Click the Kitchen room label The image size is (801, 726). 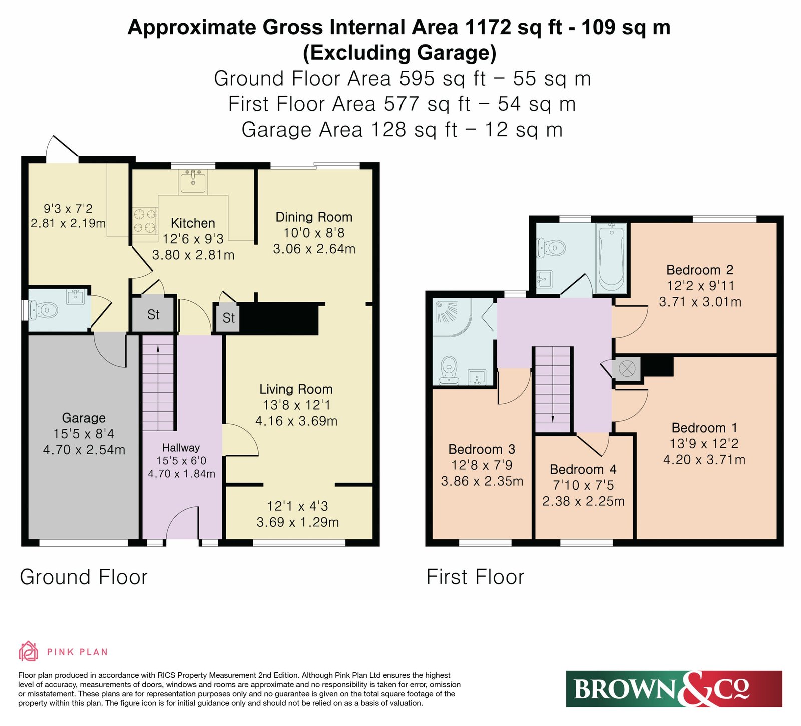click(193, 223)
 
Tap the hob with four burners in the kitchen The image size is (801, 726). click(145, 221)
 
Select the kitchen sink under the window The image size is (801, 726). click(193, 181)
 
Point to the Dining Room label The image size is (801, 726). click(314, 217)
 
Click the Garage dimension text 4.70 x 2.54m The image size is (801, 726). click(84, 450)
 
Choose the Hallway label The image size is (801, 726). click(181, 448)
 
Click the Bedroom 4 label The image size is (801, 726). click(583, 469)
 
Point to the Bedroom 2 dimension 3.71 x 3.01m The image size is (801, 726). click(700, 302)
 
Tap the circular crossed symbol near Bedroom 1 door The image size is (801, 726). click(627, 369)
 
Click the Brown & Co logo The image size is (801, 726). click(674, 689)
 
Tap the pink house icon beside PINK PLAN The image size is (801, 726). click(29, 651)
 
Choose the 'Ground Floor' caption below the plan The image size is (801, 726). click(84, 577)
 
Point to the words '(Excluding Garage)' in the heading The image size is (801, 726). click(399, 53)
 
